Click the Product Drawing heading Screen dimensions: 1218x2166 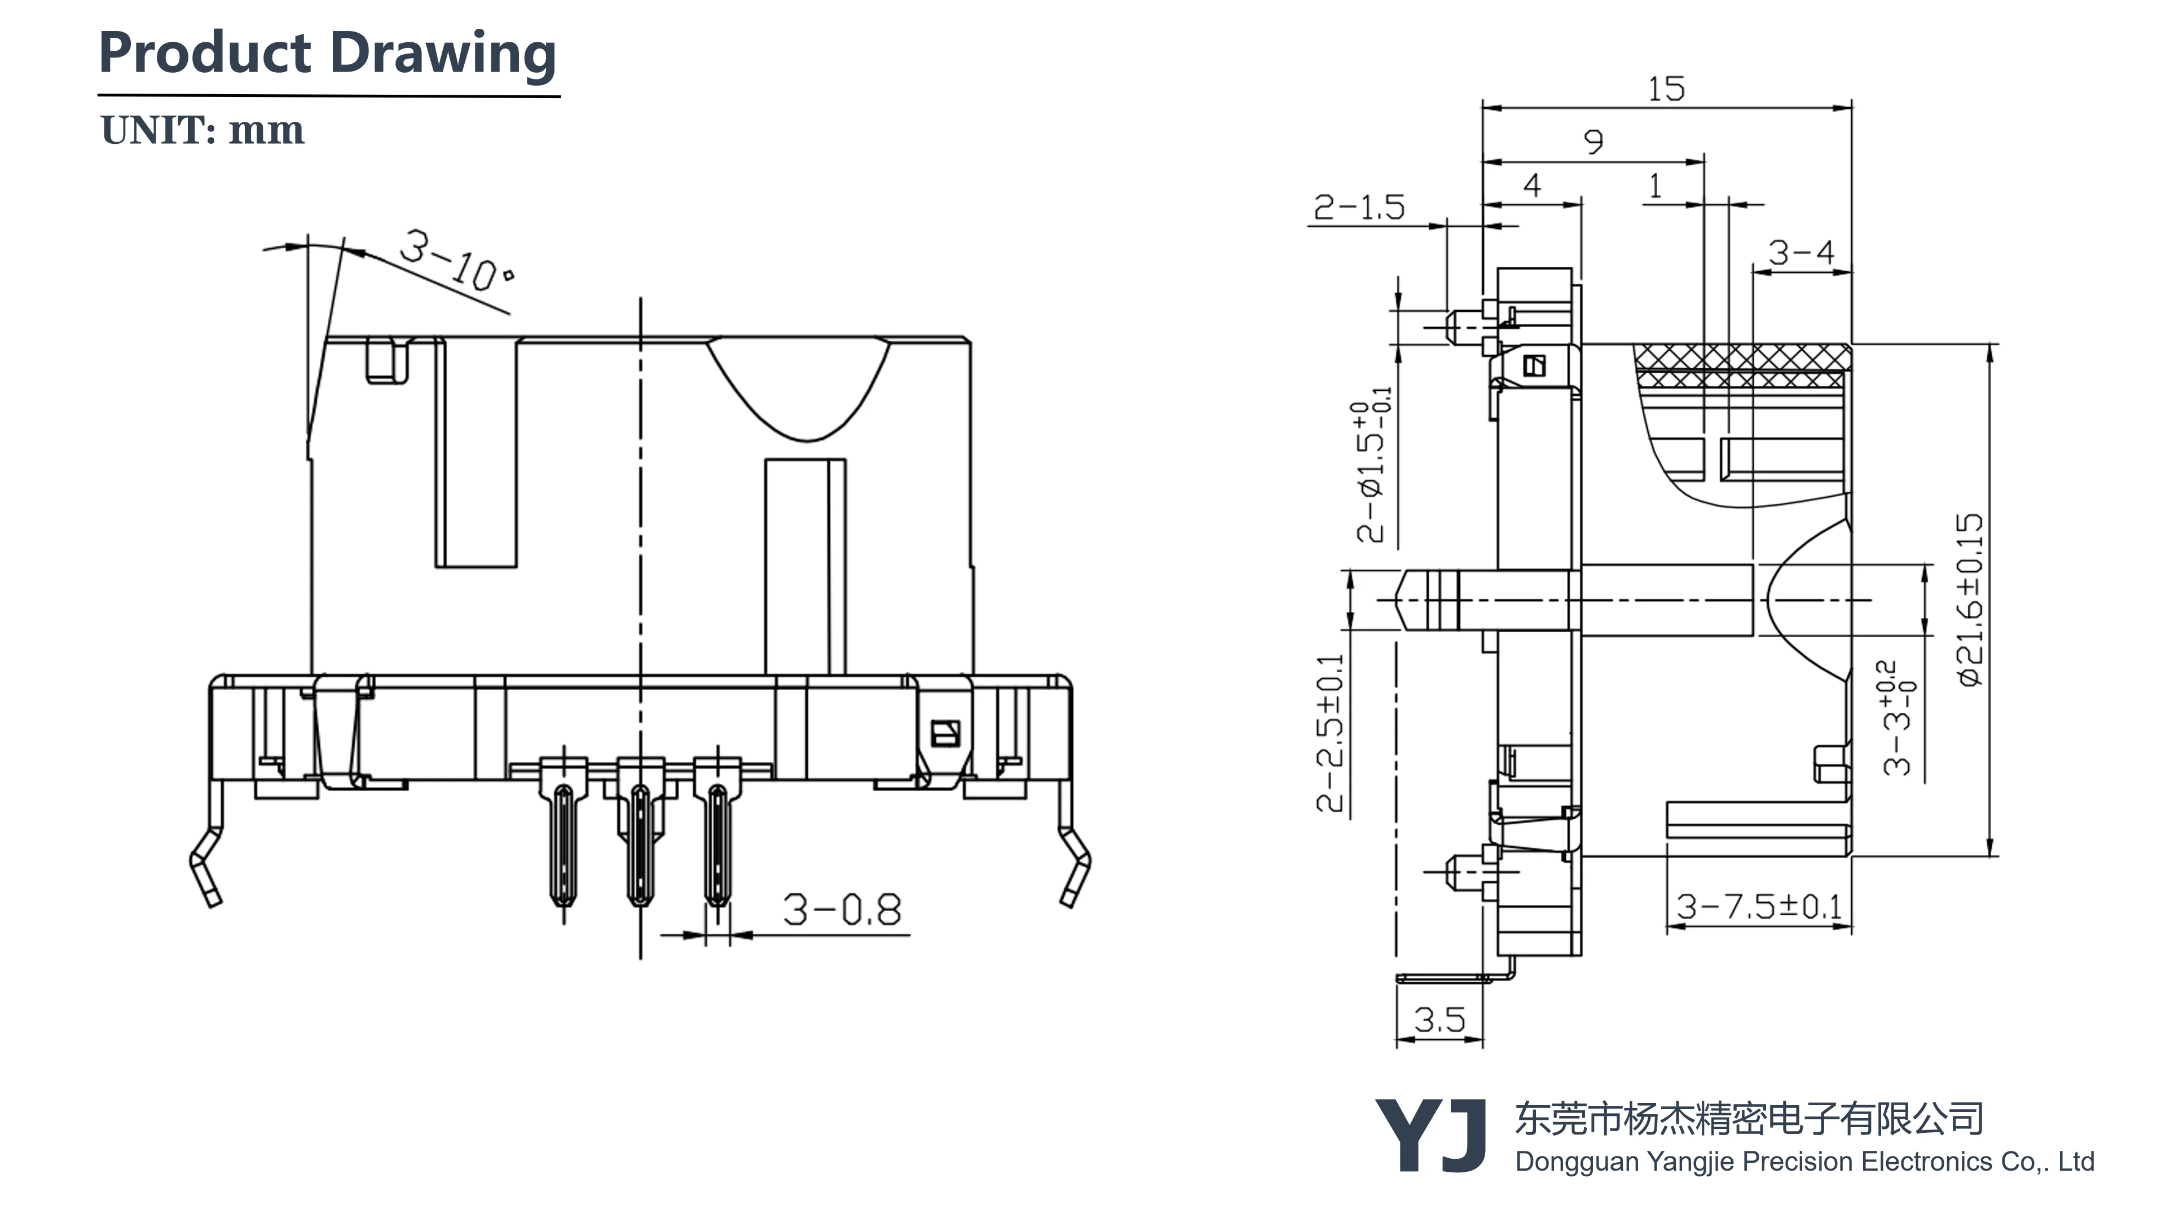pos(327,53)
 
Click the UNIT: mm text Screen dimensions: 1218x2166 pos(202,130)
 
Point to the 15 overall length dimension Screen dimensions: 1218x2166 pos(1666,89)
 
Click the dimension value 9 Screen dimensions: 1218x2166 pos(1593,141)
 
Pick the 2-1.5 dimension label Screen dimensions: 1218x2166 pos(1359,207)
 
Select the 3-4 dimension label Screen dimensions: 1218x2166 pos(1800,252)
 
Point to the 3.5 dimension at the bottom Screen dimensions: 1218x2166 pos(1439,1020)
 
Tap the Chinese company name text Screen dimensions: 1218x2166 pos(1749,1119)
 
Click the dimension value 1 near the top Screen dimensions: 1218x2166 pos(1655,186)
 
